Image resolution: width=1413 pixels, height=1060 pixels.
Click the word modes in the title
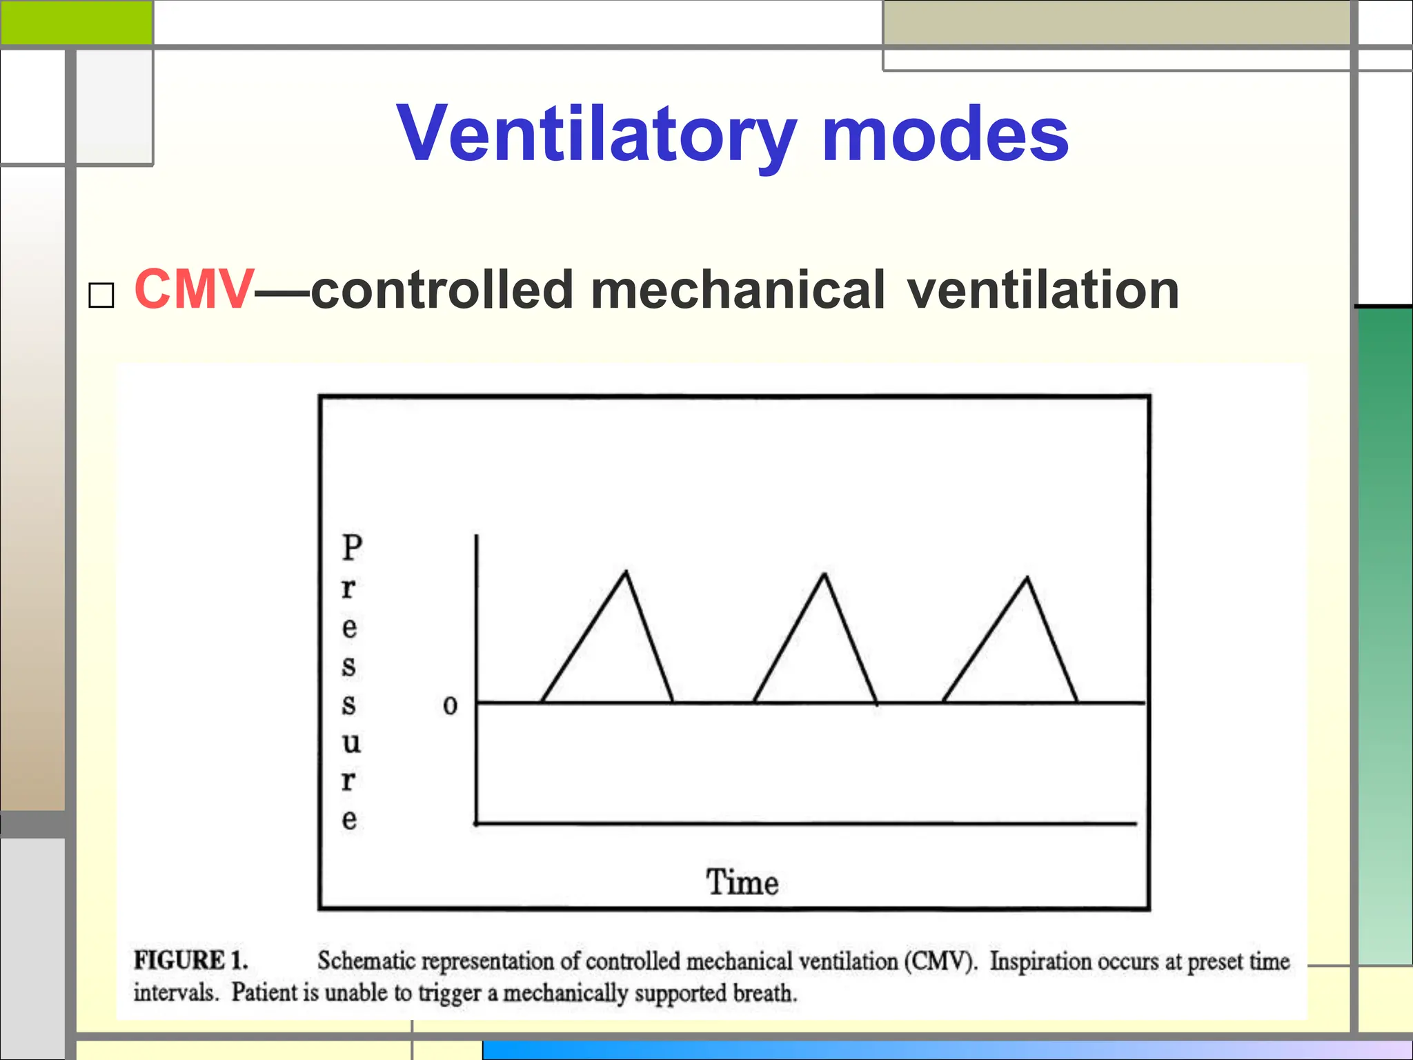point(945,135)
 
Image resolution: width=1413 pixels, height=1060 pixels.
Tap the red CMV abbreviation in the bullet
point(194,290)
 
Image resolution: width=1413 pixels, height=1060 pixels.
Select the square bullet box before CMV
point(101,295)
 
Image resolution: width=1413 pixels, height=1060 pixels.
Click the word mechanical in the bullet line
point(737,290)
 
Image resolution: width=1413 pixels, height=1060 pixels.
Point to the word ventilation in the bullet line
point(1043,290)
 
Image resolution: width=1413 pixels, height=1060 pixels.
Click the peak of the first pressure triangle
point(626,572)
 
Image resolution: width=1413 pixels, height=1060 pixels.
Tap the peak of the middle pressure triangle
point(824,575)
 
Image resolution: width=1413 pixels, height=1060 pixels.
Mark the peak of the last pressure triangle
point(1027,578)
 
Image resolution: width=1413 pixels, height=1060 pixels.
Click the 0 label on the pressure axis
point(450,705)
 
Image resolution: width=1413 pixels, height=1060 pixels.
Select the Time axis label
point(742,883)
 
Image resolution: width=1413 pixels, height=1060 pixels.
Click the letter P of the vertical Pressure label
point(351,548)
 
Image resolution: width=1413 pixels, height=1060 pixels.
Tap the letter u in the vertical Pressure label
point(351,743)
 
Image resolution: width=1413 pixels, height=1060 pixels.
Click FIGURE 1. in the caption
point(190,961)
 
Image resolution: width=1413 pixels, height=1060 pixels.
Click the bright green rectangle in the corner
point(76,22)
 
